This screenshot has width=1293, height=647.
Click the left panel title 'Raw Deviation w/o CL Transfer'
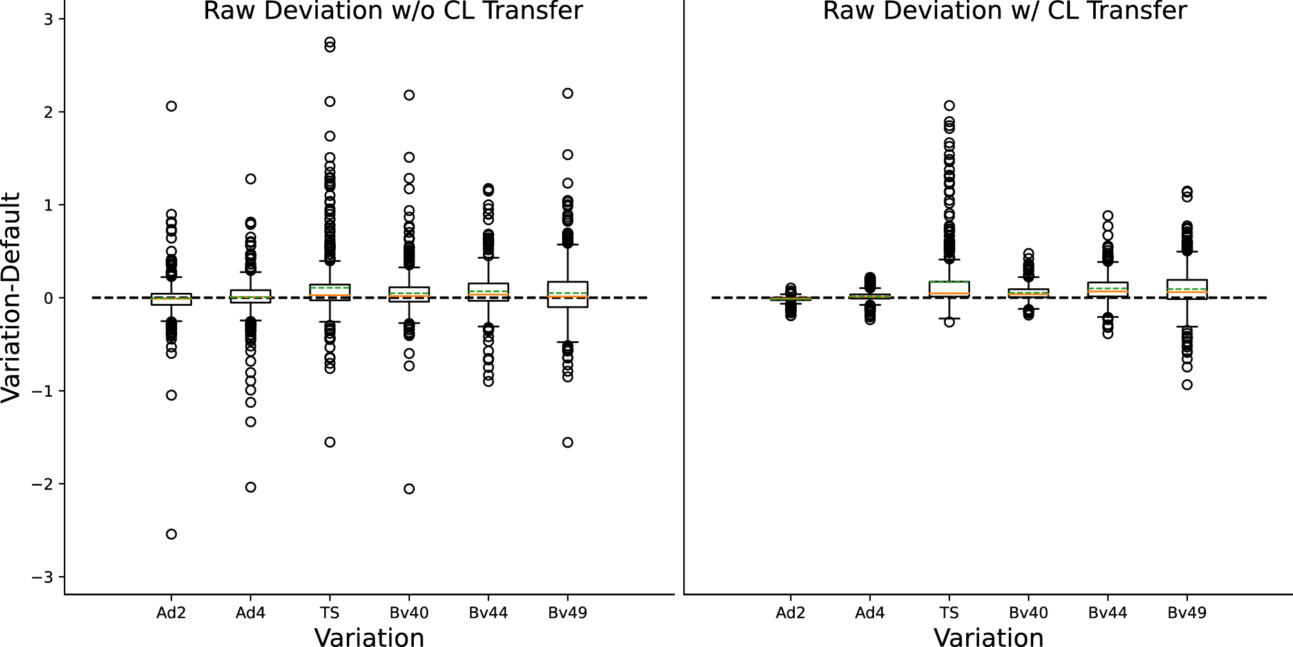(x=393, y=11)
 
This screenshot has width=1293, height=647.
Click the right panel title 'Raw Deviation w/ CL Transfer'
(x=1004, y=11)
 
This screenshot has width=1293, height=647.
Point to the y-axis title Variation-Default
(x=12, y=297)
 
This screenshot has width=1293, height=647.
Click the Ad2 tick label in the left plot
(x=171, y=613)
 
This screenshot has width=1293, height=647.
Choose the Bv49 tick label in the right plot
(x=1187, y=613)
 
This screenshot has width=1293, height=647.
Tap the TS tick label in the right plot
(x=949, y=613)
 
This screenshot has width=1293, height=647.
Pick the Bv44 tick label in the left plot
(x=488, y=613)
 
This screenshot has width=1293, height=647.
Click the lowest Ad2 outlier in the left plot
(x=171, y=534)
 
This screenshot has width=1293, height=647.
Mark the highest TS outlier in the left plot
(x=329, y=43)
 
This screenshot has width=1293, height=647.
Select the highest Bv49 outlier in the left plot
(x=568, y=94)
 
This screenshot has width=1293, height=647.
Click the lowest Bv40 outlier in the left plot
(x=409, y=489)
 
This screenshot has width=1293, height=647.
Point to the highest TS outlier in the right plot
(x=949, y=105)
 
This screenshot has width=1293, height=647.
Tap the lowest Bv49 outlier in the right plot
(x=1187, y=384)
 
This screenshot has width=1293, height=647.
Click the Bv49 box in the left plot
(x=568, y=294)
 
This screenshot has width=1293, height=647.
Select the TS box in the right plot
(x=949, y=288)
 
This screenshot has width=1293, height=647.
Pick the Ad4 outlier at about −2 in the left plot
(x=251, y=487)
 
